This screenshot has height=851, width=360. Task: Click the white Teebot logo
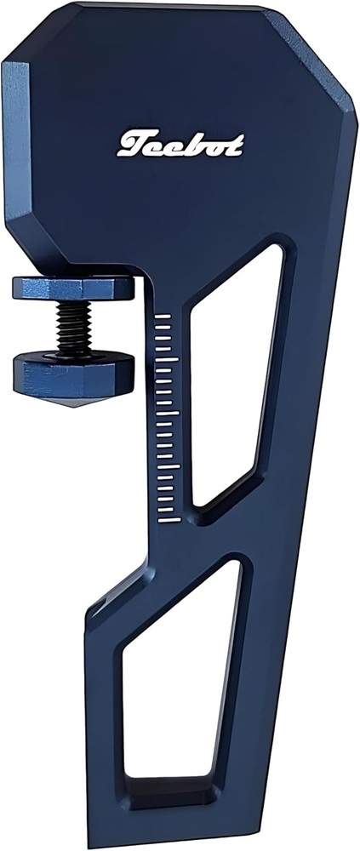180,145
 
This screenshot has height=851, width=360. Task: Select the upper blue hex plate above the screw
72,288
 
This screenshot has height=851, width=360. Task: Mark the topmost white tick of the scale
167,315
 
